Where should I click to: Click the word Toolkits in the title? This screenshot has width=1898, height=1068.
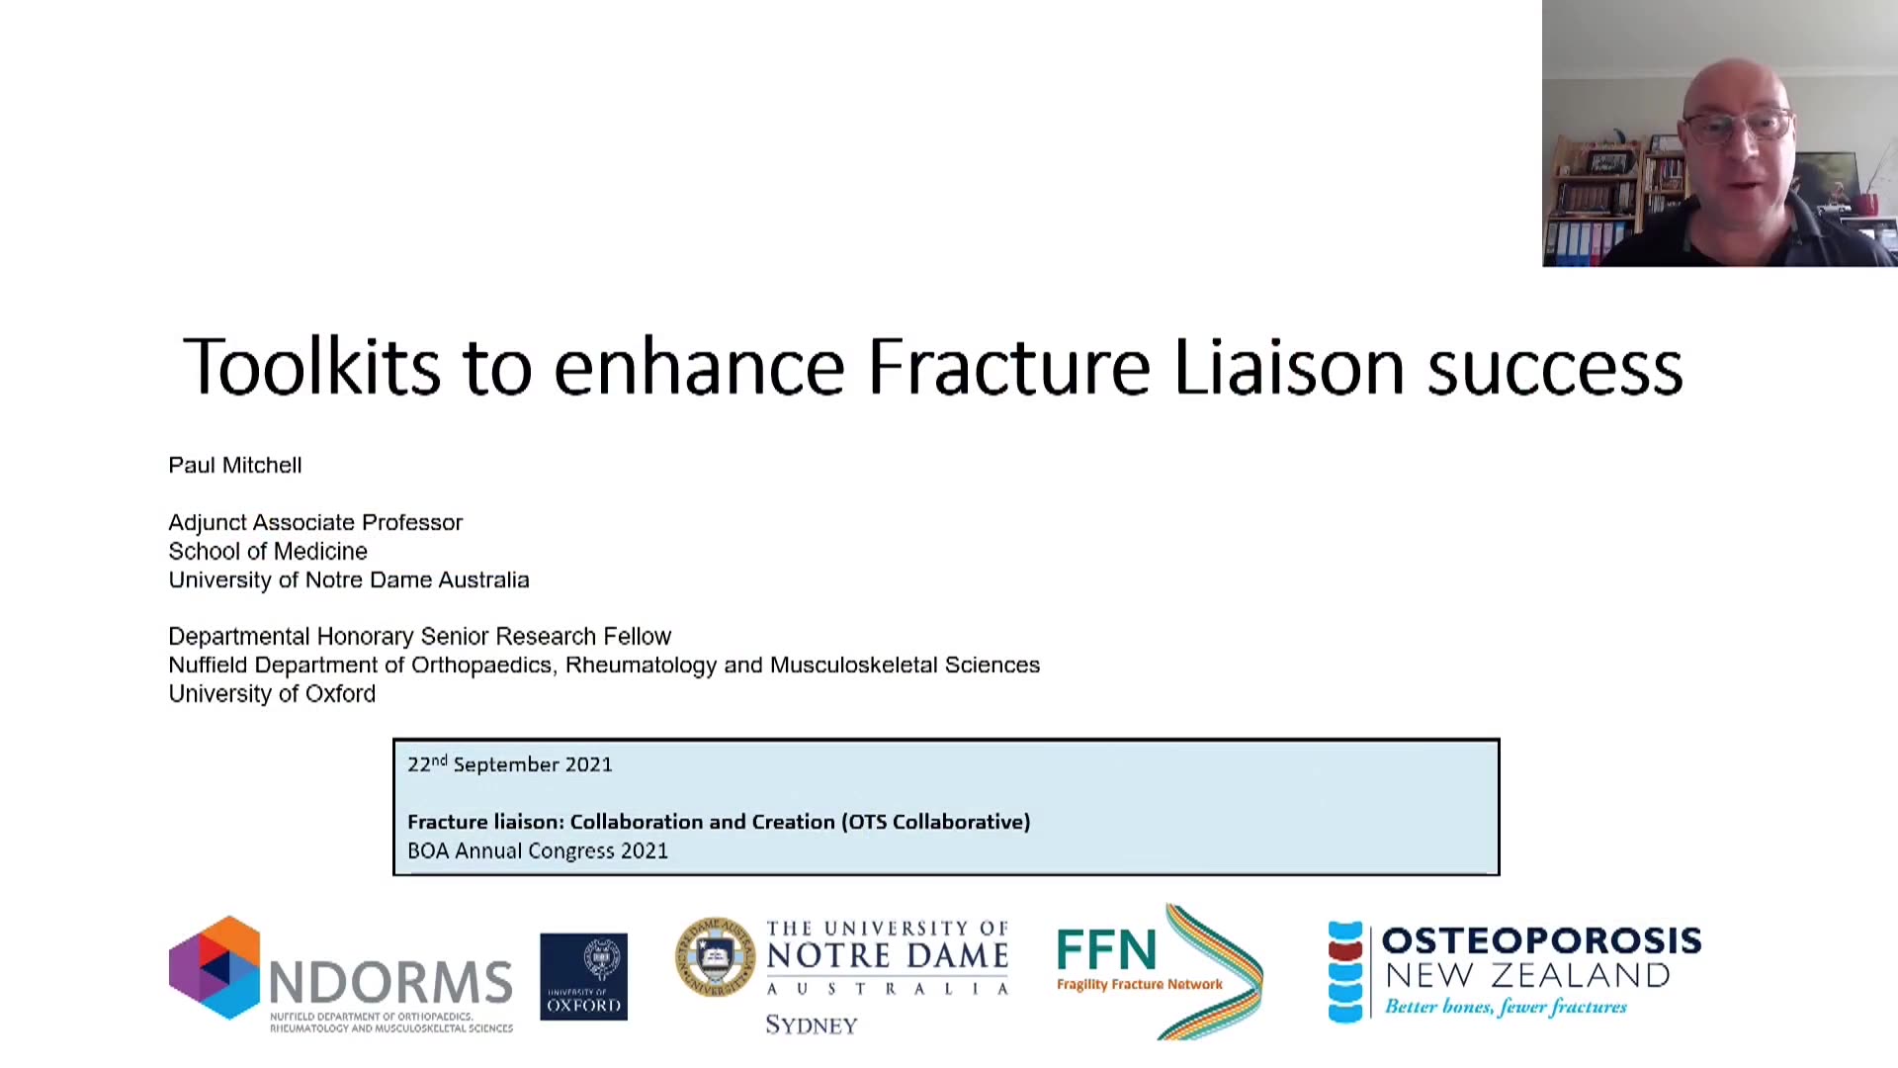click(x=311, y=366)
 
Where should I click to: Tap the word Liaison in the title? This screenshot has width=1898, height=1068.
click(x=1289, y=366)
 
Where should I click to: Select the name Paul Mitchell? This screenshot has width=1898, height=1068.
click(x=235, y=465)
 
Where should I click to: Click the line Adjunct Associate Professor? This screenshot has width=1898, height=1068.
click(x=315, y=522)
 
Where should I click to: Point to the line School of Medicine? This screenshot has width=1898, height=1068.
click(x=268, y=551)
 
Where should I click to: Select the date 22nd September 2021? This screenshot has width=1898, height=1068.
click(x=510, y=764)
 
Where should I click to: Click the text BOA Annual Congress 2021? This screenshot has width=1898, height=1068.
click(x=538, y=850)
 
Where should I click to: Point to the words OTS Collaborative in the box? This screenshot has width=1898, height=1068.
click(x=936, y=822)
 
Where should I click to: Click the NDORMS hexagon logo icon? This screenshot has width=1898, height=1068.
click(x=215, y=967)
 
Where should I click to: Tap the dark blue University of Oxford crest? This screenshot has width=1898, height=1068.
click(x=583, y=977)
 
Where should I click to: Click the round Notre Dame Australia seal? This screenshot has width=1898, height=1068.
click(x=715, y=956)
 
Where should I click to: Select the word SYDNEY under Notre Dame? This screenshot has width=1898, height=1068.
click(x=812, y=1025)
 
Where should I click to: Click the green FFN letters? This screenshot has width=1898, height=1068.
click(x=1106, y=950)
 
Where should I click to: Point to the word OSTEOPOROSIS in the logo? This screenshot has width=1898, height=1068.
click(x=1541, y=940)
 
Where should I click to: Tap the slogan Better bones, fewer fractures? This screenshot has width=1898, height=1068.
click(x=1506, y=1007)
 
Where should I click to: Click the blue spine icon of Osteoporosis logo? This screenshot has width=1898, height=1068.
click(x=1345, y=971)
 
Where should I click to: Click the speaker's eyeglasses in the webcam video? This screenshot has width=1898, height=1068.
click(x=1737, y=126)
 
